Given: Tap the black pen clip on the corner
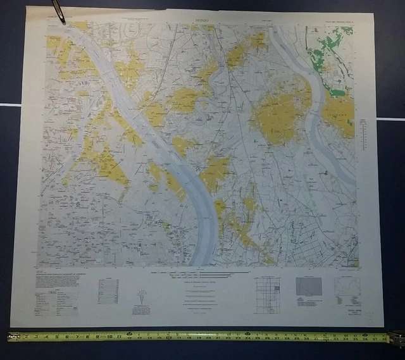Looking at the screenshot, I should click(x=58, y=11).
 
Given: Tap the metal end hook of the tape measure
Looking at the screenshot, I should click(x=10, y=337).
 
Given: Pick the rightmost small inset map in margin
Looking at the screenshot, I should click(x=346, y=290).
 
